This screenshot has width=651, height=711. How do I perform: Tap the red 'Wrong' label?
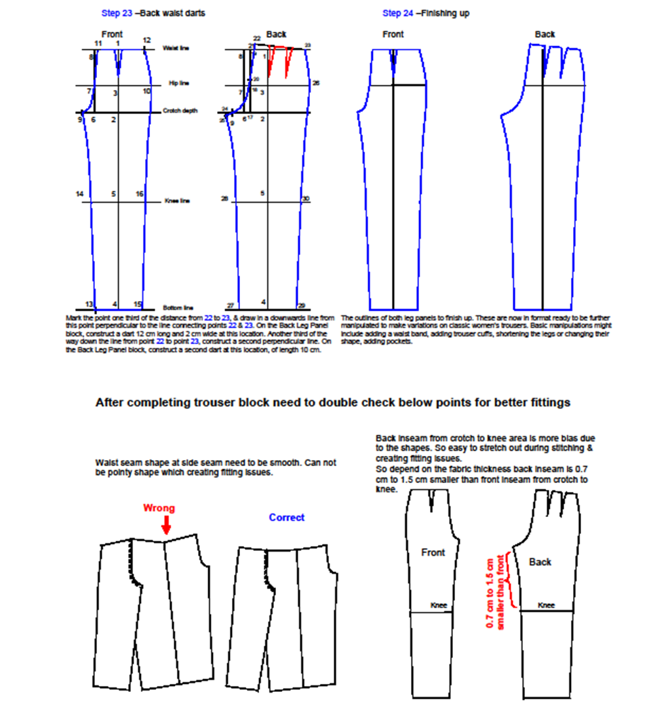[x=159, y=508]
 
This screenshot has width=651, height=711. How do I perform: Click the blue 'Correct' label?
[x=287, y=518]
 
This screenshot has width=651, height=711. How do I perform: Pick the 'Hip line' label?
[x=179, y=83]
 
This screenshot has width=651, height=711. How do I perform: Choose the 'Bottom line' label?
[x=174, y=308]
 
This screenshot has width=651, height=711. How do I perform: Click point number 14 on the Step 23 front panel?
[x=79, y=195]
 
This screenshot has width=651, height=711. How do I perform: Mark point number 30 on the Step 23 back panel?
[x=306, y=199]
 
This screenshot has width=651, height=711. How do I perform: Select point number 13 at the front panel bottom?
[x=88, y=304]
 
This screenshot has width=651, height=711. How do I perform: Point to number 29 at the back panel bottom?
[x=301, y=305]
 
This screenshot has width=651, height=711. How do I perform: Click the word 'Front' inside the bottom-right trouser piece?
[x=433, y=552]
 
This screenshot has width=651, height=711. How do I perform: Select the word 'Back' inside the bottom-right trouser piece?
[x=540, y=562]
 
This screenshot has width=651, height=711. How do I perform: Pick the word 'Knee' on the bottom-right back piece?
[x=547, y=605]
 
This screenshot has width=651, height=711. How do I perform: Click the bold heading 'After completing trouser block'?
[x=332, y=402]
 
